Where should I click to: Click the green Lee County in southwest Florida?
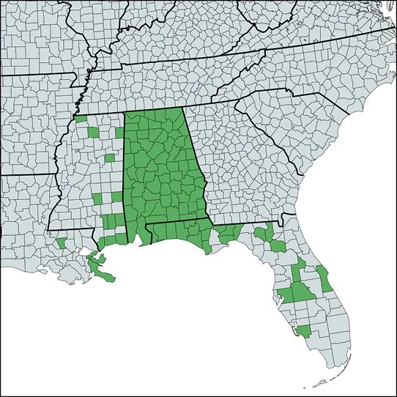303,330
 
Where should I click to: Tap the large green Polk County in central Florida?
300,293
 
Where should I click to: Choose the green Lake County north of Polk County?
296,269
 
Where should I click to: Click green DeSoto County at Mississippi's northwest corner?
82,118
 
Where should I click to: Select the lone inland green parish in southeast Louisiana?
61,242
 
